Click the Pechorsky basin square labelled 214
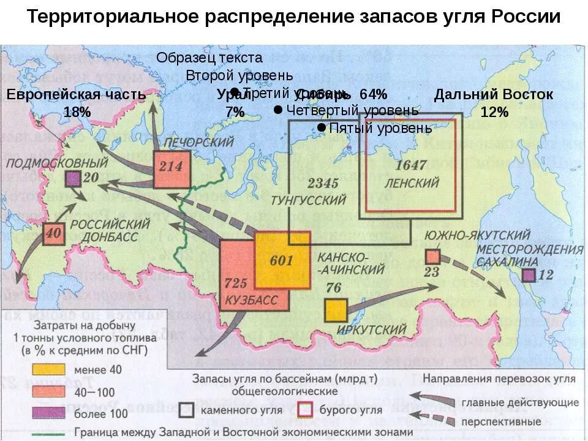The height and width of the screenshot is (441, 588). click(x=171, y=167)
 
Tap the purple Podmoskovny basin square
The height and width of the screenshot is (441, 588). click(x=73, y=179)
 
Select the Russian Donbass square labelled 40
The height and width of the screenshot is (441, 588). click(x=53, y=234)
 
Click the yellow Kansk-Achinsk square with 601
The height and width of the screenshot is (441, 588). click(x=282, y=260)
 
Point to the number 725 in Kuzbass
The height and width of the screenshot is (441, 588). click(x=235, y=283)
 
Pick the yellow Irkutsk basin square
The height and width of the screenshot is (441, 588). click(x=336, y=310)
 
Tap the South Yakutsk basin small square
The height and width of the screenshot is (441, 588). click(x=433, y=257)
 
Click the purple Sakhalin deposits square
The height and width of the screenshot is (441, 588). click(x=529, y=275)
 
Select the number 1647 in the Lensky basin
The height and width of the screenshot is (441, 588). click(x=410, y=165)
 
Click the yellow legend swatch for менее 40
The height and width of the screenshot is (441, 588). click(x=48, y=369)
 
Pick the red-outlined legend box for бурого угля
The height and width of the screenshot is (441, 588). click(x=306, y=409)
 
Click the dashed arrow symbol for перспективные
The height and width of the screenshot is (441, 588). click(x=434, y=421)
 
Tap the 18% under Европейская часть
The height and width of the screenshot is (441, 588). click(x=77, y=112)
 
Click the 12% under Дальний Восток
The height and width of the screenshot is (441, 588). click(x=494, y=112)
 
